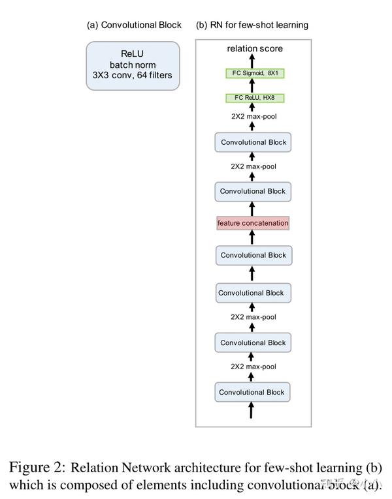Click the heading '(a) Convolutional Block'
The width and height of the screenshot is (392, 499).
click(x=134, y=25)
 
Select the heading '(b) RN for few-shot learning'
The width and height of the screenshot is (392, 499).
click(x=252, y=25)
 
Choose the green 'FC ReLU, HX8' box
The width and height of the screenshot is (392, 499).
click(x=252, y=98)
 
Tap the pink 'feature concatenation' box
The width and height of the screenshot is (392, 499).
click(x=252, y=223)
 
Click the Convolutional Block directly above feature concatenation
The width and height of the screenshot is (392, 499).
click(x=252, y=192)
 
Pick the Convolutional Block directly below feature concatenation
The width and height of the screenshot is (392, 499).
click(x=252, y=255)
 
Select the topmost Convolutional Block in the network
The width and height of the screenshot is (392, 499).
click(x=252, y=142)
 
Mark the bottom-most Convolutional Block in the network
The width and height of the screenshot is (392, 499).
click(x=252, y=392)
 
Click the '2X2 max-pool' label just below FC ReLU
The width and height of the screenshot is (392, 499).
click(x=253, y=117)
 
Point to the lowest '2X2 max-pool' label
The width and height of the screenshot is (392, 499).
click(x=253, y=367)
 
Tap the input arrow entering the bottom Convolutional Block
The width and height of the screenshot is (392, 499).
click(x=252, y=411)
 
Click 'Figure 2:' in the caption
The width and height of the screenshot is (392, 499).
click(x=37, y=467)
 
